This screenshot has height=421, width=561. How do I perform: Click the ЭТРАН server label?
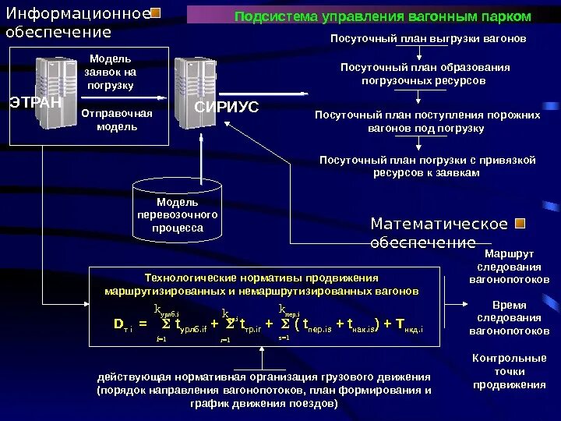pyautogui.click(x=36, y=101)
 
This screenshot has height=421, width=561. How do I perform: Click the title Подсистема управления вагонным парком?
pyautogui.click(x=383, y=16)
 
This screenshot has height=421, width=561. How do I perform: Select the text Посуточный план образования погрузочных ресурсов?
pyautogui.click(x=425, y=73)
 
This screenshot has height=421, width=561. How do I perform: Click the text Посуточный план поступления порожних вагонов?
pyautogui.click(x=427, y=121)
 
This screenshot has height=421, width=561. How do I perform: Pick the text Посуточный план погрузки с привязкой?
pyautogui.click(x=427, y=166)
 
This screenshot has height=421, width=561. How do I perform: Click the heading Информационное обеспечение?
pyautogui.click(x=78, y=23)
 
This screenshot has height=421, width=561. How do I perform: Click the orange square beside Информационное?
pyautogui.click(x=156, y=14)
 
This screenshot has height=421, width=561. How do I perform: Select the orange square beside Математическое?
pyautogui.click(x=521, y=225)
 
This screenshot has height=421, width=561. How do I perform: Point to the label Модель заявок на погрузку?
pyautogui.click(x=110, y=72)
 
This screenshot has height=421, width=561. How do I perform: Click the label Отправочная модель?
pyautogui.click(x=117, y=120)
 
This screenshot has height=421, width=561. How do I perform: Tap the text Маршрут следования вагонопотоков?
pyautogui.click(x=509, y=267)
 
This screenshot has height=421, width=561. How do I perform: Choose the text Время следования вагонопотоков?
pyautogui.click(x=509, y=318)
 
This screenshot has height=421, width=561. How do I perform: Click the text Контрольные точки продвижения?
pyautogui.click(x=510, y=371)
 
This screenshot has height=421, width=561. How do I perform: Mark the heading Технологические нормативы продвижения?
pyautogui.click(x=262, y=284)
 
